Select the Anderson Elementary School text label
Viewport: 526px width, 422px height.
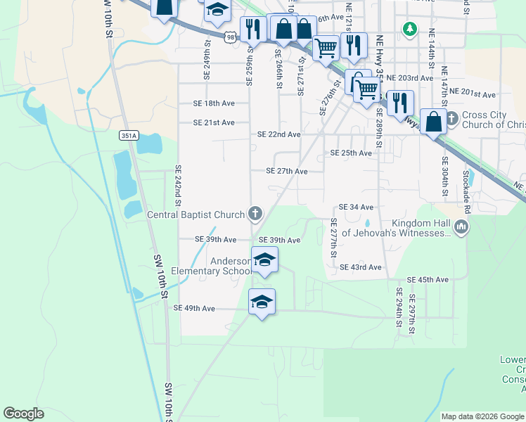click(x=231, y=266)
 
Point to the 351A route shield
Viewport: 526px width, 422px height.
click(x=129, y=135)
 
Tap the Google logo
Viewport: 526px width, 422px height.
click(x=23, y=414)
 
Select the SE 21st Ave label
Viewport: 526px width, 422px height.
click(x=214, y=122)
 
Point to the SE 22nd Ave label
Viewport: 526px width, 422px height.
click(x=279, y=134)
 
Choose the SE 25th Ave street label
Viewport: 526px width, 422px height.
click(x=351, y=153)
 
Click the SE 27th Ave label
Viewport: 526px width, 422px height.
click(x=286, y=171)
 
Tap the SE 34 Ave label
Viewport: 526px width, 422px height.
click(x=356, y=207)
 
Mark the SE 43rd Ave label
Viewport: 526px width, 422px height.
click(x=360, y=267)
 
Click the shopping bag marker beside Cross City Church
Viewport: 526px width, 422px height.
click(x=434, y=121)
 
